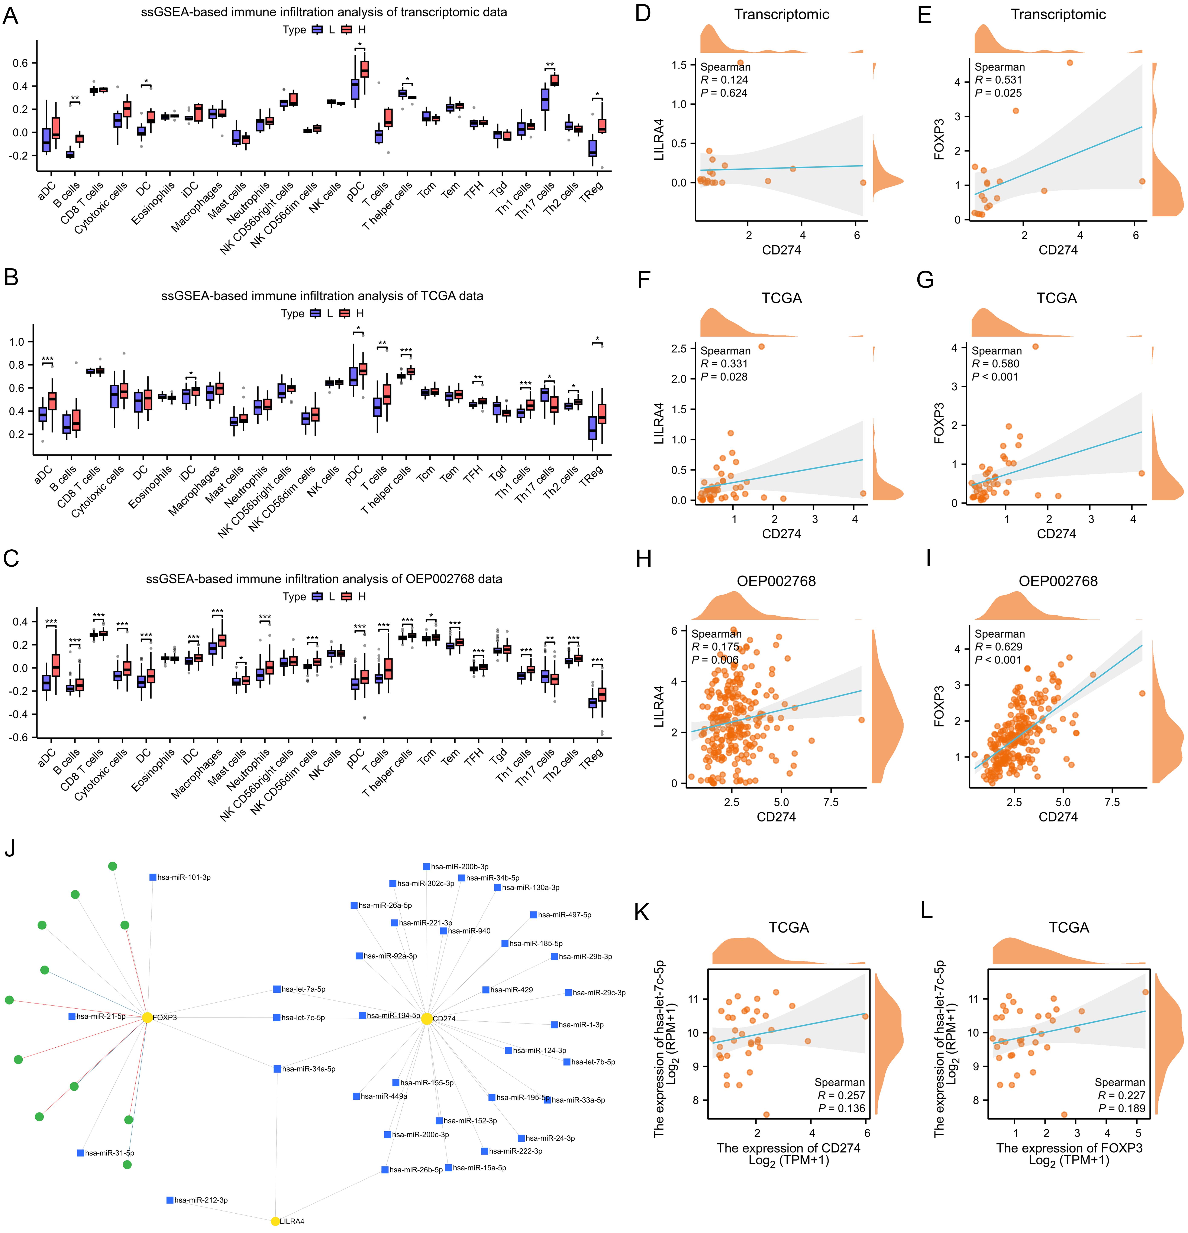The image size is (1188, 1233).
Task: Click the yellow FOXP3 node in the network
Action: [x=147, y=1017]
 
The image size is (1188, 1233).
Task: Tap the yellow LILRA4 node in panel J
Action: [x=275, y=1221]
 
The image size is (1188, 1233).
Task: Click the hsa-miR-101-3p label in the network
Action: [x=183, y=877]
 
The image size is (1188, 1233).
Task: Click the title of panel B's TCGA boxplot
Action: [x=322, y=296]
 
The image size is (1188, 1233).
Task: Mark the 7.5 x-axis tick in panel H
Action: [x=831, y=802]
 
